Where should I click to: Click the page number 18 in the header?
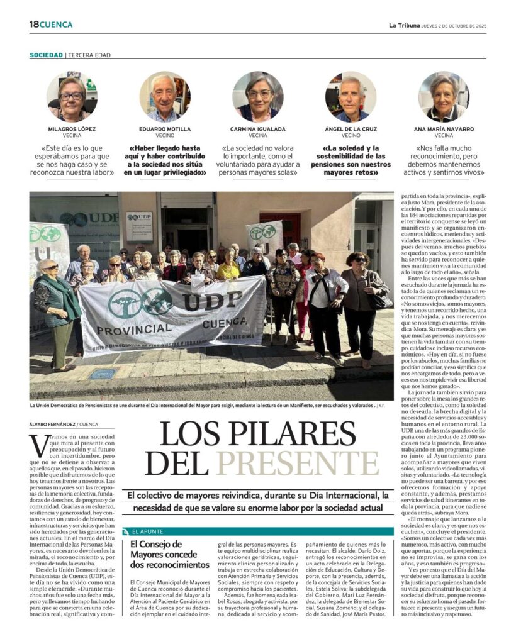[x=34, y=25]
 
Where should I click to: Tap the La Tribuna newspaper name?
[x=400, y=25]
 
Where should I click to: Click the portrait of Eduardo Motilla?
[x=164, y=97]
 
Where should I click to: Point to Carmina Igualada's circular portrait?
[x=257, y=97]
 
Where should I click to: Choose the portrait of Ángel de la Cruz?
[x=351, y=97]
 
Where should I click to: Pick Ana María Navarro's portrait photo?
[x=444, y=97]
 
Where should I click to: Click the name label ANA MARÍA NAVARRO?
[x=444, y=129]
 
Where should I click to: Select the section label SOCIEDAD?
[x=46, y=55]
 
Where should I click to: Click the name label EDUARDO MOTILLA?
[x=164, y=129]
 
